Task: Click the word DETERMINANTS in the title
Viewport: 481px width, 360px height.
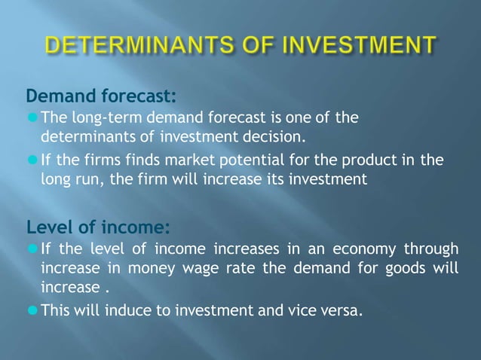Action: coord(138,46)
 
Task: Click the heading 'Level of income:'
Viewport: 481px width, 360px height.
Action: coord(98,227)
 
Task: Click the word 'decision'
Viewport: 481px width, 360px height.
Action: coord(277,137)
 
